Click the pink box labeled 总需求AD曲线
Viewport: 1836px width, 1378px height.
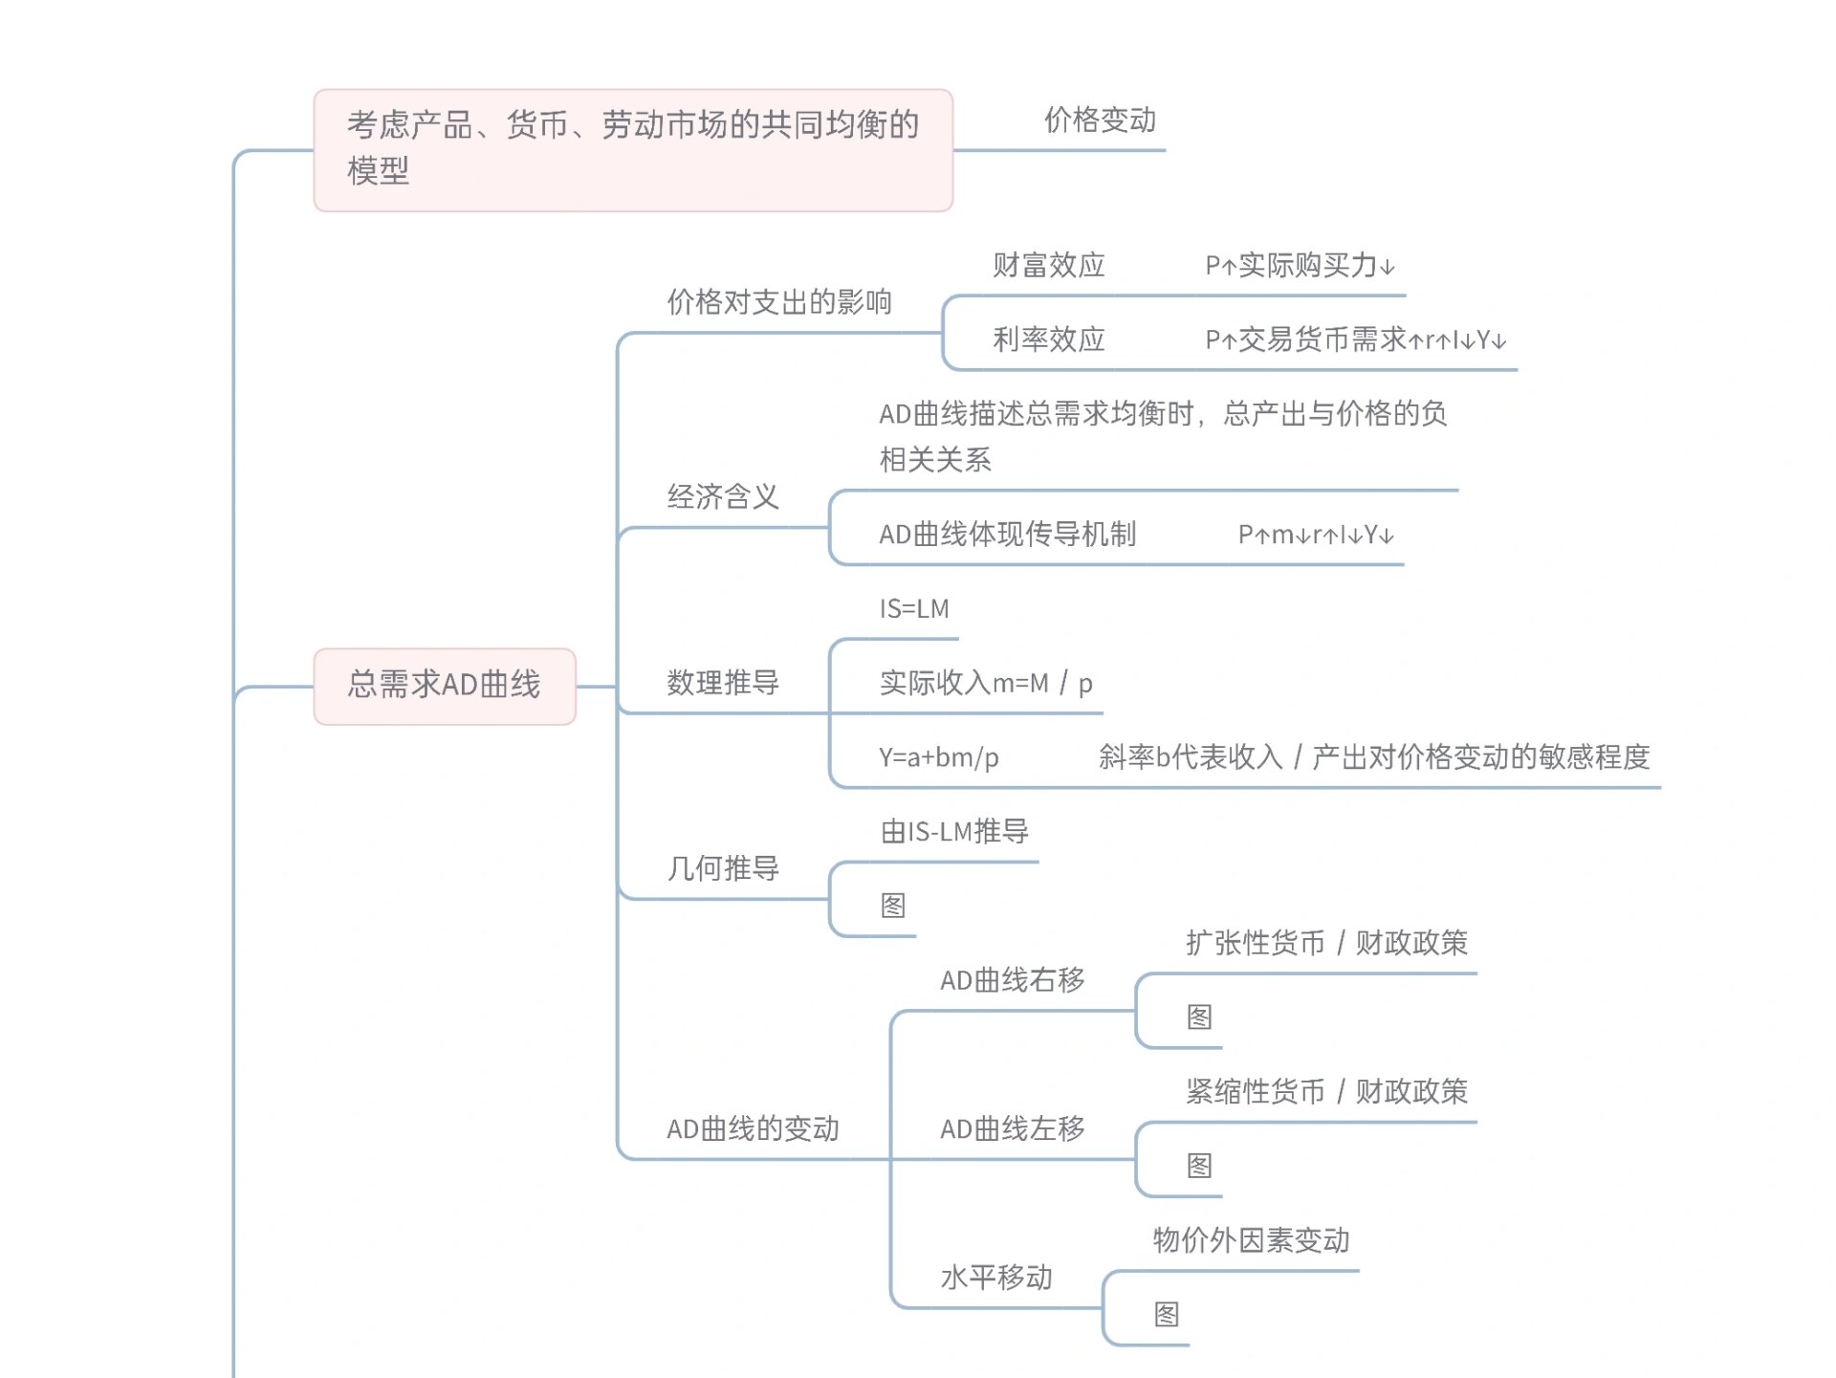tap(445, 686)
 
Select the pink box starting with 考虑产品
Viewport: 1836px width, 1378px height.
tap(632, 150)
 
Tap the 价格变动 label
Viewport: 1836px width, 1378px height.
tap(1100, 120)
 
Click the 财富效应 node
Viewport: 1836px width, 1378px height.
tap(1048, 265)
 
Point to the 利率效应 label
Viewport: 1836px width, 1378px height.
tap(1048, 339)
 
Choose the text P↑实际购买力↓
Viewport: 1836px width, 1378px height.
tap(1300, 266)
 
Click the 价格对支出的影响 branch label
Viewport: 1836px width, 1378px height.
tap(778, 302)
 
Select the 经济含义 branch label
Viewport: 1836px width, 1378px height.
tap(723, 497)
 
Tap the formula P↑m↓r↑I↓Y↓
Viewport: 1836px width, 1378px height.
tap(1316, 535)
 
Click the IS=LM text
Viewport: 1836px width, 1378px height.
tap(914, 609)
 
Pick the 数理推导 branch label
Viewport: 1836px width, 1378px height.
tap(723, 683)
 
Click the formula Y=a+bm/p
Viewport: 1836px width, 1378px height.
tap(939, 757)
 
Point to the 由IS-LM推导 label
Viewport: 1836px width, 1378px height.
tap(954, 832)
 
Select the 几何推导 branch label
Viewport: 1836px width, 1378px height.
tap(723, 868)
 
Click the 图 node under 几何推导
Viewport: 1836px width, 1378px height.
tap(893, 906)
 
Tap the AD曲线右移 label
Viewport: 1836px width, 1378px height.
tap(1012, 980)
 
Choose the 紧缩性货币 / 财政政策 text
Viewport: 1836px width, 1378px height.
tap(1326, 1091)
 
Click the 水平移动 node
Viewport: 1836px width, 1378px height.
tap(996, 1278)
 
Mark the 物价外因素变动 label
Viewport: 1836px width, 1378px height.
tap(1251, 1240)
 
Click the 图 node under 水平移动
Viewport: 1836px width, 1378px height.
tap(1167, 1315)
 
